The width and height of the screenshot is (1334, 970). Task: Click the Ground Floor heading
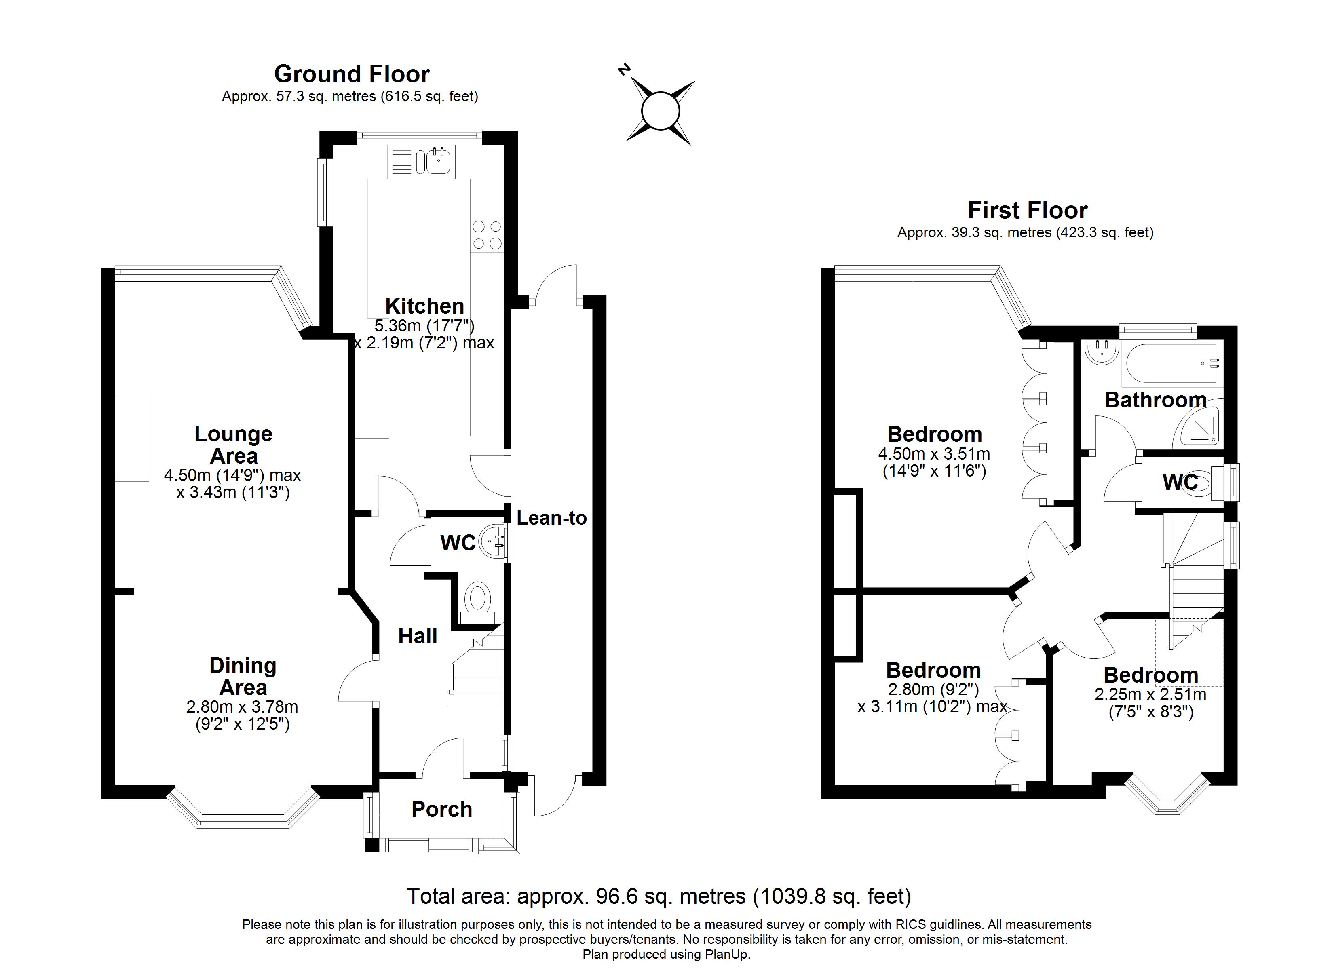(x=352, y=74)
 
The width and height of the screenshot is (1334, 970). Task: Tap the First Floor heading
(x=1028, y=210)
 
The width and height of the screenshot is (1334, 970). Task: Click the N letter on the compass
(x=624, y=70)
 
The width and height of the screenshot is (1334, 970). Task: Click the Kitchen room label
(x=425, y=306)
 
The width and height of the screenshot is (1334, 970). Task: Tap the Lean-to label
(x=552, y=518)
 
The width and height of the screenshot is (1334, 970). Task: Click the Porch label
(x=442, y=810)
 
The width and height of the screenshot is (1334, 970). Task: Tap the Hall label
(x=418, y=636)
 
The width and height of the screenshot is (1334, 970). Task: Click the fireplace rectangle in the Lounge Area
(x=132, y=439)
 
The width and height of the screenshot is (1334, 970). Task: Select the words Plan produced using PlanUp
(x=667, y=955)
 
